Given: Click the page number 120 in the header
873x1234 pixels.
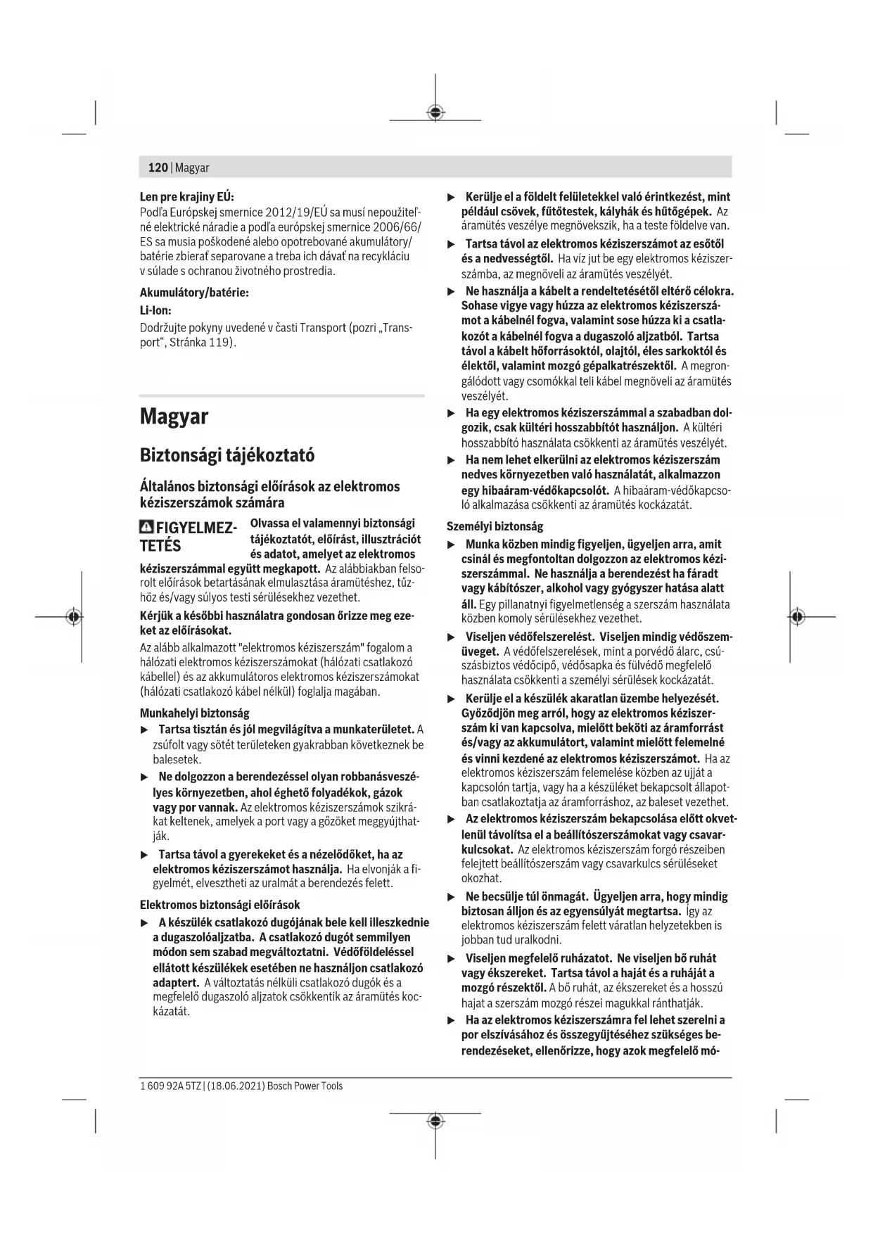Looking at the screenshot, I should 158,167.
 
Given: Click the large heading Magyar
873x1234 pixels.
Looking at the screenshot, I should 174,416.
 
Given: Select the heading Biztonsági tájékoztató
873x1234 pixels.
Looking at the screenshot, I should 227,455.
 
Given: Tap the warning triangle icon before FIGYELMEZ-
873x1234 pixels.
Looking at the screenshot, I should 147,527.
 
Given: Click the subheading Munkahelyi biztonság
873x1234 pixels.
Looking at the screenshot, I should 194,713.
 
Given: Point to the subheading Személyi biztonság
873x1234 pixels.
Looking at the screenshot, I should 495,526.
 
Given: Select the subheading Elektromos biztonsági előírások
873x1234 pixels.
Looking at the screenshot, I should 219,905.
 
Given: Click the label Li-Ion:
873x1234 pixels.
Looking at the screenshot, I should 155,310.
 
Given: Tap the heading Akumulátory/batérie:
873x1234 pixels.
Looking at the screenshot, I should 194,292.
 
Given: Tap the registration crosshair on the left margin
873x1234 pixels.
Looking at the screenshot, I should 72,617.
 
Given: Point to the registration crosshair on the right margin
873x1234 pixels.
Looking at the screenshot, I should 796,617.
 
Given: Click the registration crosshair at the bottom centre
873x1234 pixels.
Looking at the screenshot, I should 435,1119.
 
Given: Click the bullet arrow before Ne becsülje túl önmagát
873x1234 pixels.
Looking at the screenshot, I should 452,897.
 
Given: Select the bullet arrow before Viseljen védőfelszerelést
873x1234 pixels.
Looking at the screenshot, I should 452,637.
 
